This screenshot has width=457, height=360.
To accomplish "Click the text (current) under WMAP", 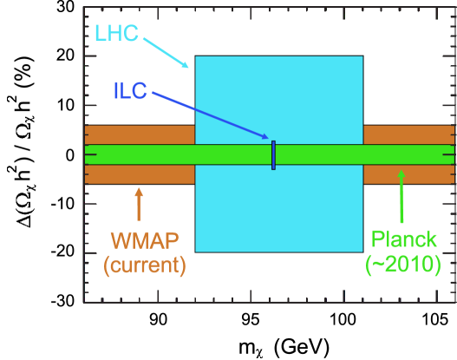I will click(145, 264).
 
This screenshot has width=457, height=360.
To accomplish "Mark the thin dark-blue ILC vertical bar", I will click(273, 154).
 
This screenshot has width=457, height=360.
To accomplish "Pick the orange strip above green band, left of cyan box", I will click(139, 134).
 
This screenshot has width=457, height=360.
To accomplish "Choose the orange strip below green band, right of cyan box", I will click(408, 174).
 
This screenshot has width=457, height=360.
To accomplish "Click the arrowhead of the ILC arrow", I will click(265, 136).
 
